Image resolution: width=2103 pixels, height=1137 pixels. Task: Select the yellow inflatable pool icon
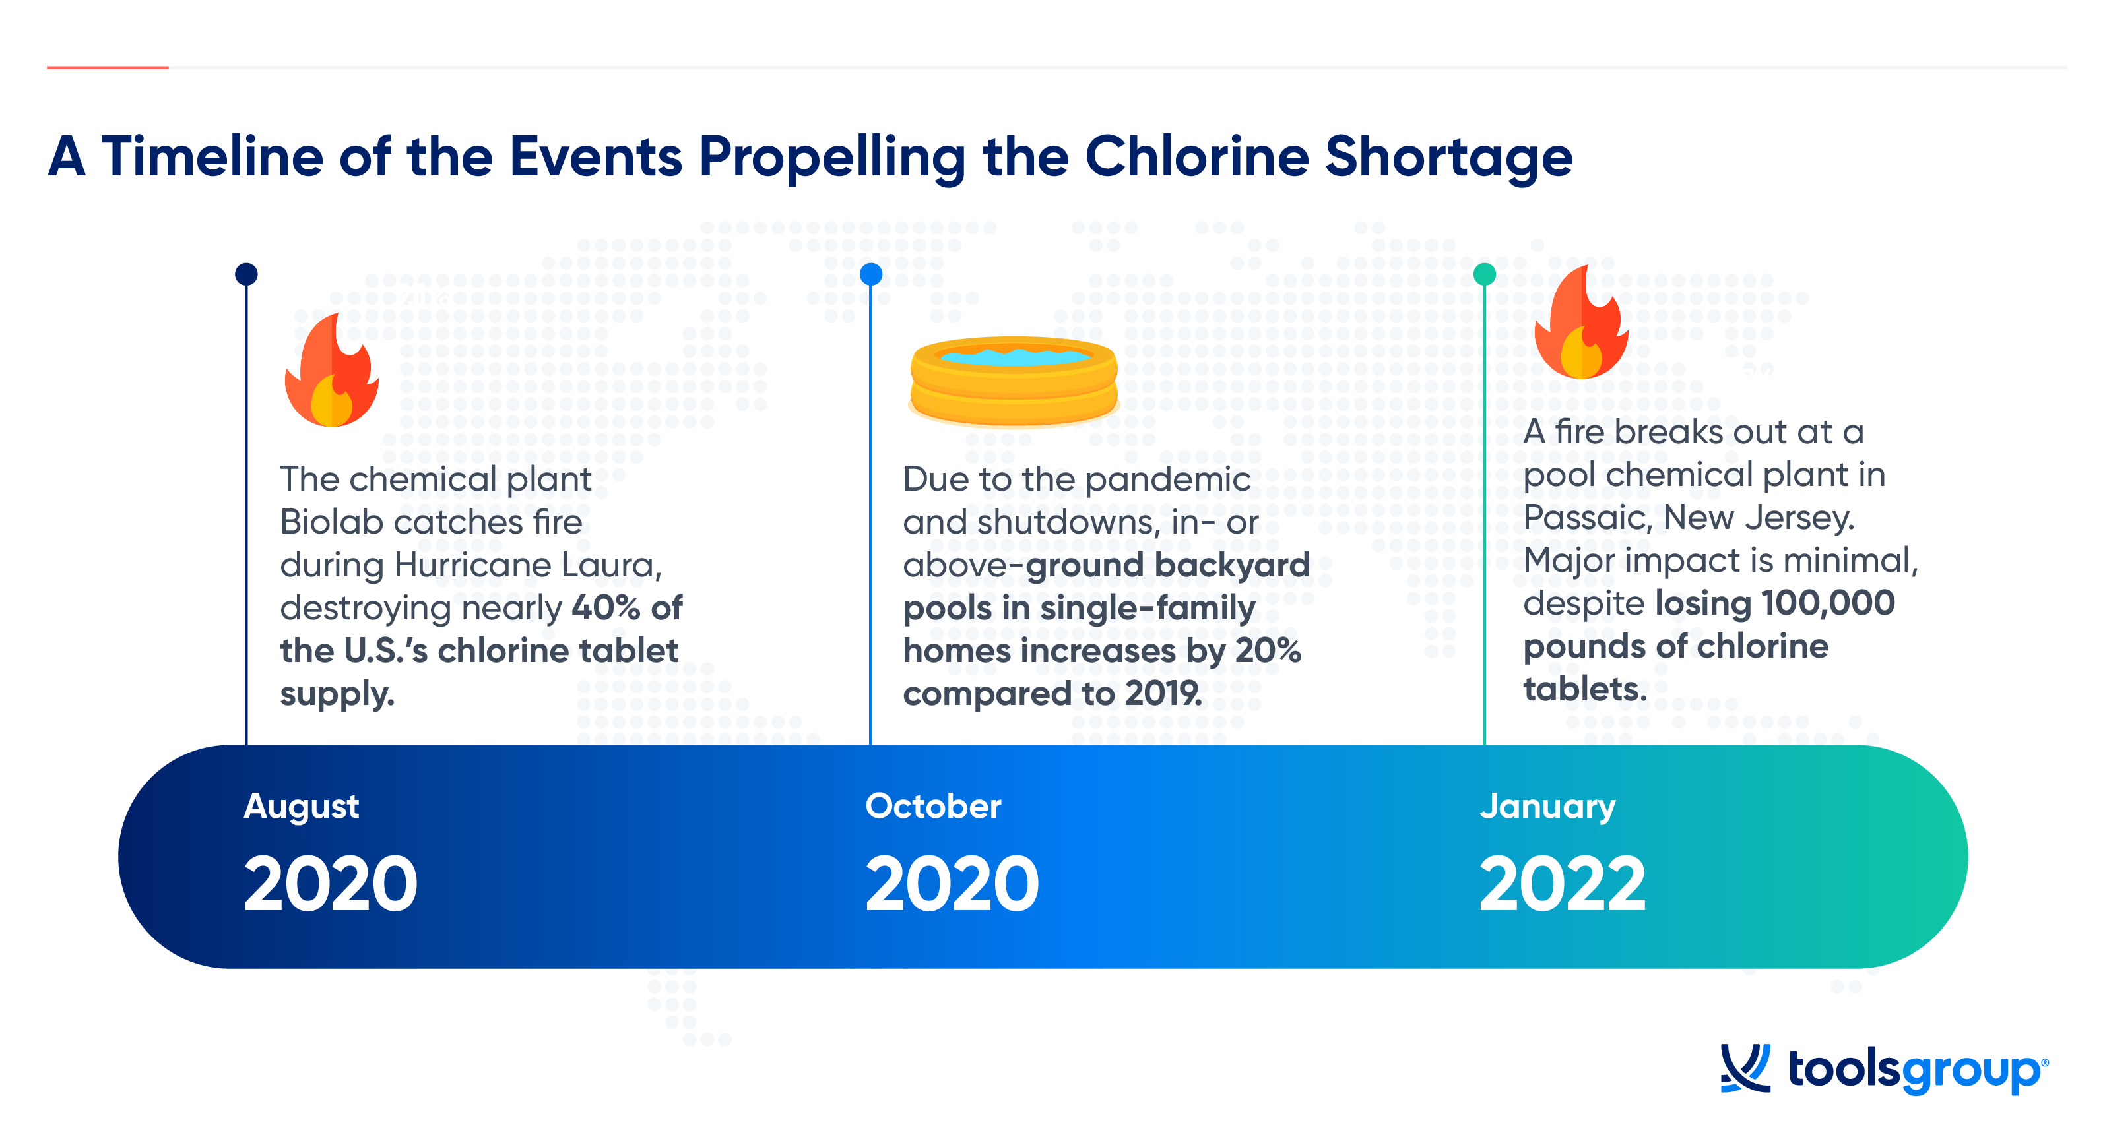(x=1013, y=381)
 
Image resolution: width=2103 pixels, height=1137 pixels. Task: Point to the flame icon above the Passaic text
(x=1581, y=322)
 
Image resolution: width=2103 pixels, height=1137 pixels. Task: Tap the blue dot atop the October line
(x=871, y=274)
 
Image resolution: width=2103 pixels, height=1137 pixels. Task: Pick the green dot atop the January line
(x=1484, y=274)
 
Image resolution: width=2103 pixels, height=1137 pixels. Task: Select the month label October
(x=933, y=807)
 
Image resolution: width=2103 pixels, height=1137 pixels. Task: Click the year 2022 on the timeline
(x=1563, y=883)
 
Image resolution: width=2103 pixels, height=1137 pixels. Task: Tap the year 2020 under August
(x=331, y=883)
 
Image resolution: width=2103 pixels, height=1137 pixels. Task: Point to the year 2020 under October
(x=952, y=883)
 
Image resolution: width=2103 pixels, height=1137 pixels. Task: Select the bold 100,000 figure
(x=1828, y=603)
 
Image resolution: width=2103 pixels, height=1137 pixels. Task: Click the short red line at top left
(x=108, y=67)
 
